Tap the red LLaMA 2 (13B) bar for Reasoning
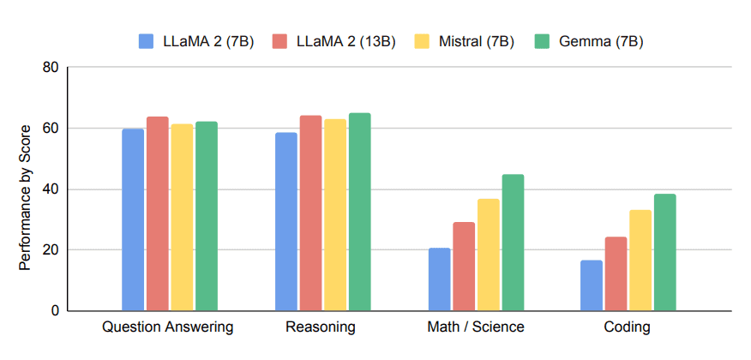click(310, 213)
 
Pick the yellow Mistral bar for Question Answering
click(182, 218)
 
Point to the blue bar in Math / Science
click(439, 279)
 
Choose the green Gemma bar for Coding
click(665, 253)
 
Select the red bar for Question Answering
click(158, 213)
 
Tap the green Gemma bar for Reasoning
click(360, 212)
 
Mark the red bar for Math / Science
click(464, 267)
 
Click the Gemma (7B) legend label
click(600, 41)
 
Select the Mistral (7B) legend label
click(475, 41)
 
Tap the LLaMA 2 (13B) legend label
click(345, 41)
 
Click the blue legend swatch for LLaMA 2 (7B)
click(146, 41)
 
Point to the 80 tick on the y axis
click(51, 68)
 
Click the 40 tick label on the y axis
click(51, 189)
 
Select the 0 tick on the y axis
click(55, 311)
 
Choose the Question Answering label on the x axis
click(168, 327)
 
